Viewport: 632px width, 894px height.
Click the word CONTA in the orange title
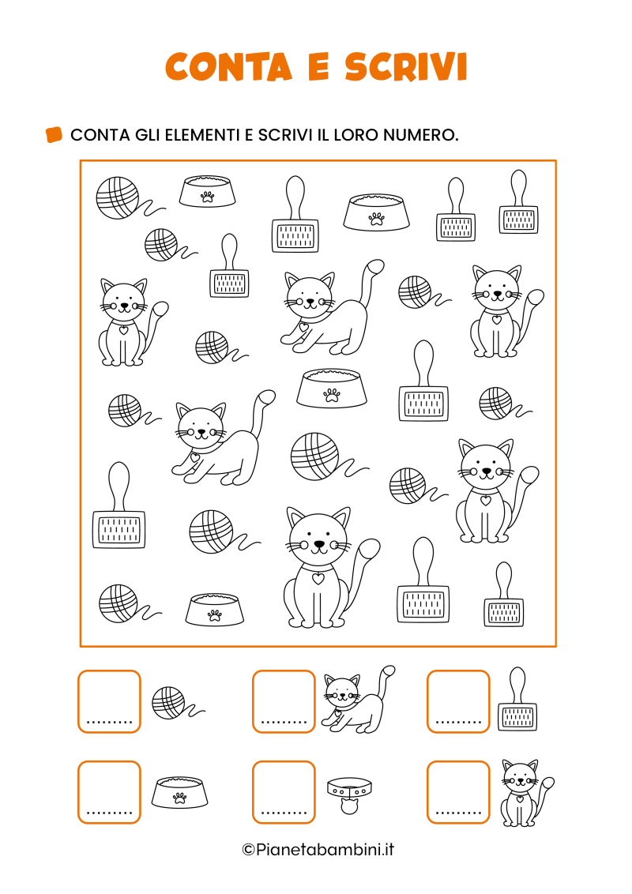point(229,66)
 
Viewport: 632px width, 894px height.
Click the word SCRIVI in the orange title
point(406,66)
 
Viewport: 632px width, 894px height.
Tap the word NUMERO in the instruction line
point(420,135)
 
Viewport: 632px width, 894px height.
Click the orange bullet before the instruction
point(54,134)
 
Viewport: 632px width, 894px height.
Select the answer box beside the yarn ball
point(109,701)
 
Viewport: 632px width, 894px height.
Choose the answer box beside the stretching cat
point(284,701)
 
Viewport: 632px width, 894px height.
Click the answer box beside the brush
point(458,701)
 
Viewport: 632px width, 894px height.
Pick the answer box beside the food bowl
point(109,792)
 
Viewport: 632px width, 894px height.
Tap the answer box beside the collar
point(284,792)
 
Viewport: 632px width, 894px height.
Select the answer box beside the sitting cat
point(458,792)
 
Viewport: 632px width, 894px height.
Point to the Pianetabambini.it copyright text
point(318,850)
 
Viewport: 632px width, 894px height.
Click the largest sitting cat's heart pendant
point(318,579)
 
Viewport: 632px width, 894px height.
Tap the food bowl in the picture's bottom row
point(214,610)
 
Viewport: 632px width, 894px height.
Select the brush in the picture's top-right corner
point(518,202)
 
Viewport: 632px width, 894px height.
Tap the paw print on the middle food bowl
point(331,395)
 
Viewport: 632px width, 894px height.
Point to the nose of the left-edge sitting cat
point(124,306)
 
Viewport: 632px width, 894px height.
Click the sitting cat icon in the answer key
point(525,792)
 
